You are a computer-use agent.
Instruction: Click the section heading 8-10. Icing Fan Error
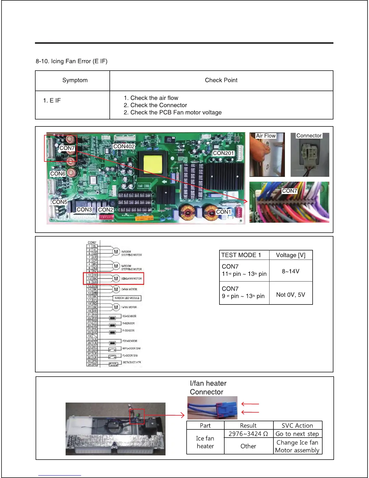pyautogui.click(x=71, y=61)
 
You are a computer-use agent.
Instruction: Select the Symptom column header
pyautogui.click(x=75, y=80)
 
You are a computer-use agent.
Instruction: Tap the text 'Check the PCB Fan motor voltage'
pyautogui.click(x=176, y=113)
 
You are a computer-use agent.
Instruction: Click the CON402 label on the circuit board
pyautogui.click(x=124, y=146)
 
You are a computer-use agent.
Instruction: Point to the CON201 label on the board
pyautogui.click(x=223, y=153)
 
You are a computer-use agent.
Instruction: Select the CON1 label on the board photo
pyautogui.click(x=223, y=212)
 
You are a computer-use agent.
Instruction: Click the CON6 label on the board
pyautogui.click(x=58, y=174)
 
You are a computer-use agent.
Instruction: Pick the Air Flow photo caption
pyautogui.click(x=266, y=136)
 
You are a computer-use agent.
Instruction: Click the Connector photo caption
pyautogui.click(x=309, y=136)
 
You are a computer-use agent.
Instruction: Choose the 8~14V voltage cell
pyautogui.click(x=291, y=271)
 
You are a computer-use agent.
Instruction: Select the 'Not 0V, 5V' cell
pyautogui.click(x=291, y=295)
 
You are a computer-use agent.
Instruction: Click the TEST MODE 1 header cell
pyautogui.click(x=241, y=255)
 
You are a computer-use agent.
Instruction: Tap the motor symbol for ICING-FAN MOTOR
pyautogui.click(x=116, y=279)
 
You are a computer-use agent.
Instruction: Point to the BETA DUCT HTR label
pyautogui.click(x=132, y=362)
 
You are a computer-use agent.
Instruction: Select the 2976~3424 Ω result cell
pyautogui.click(x=248, y=434)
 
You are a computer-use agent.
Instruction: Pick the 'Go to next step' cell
pyautogui.click(x=297, y=434)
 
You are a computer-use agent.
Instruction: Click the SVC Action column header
pyautogui.click(x=297, y=425)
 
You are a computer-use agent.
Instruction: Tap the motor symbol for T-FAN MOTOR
pyautogui.click(x=116, y=307)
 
